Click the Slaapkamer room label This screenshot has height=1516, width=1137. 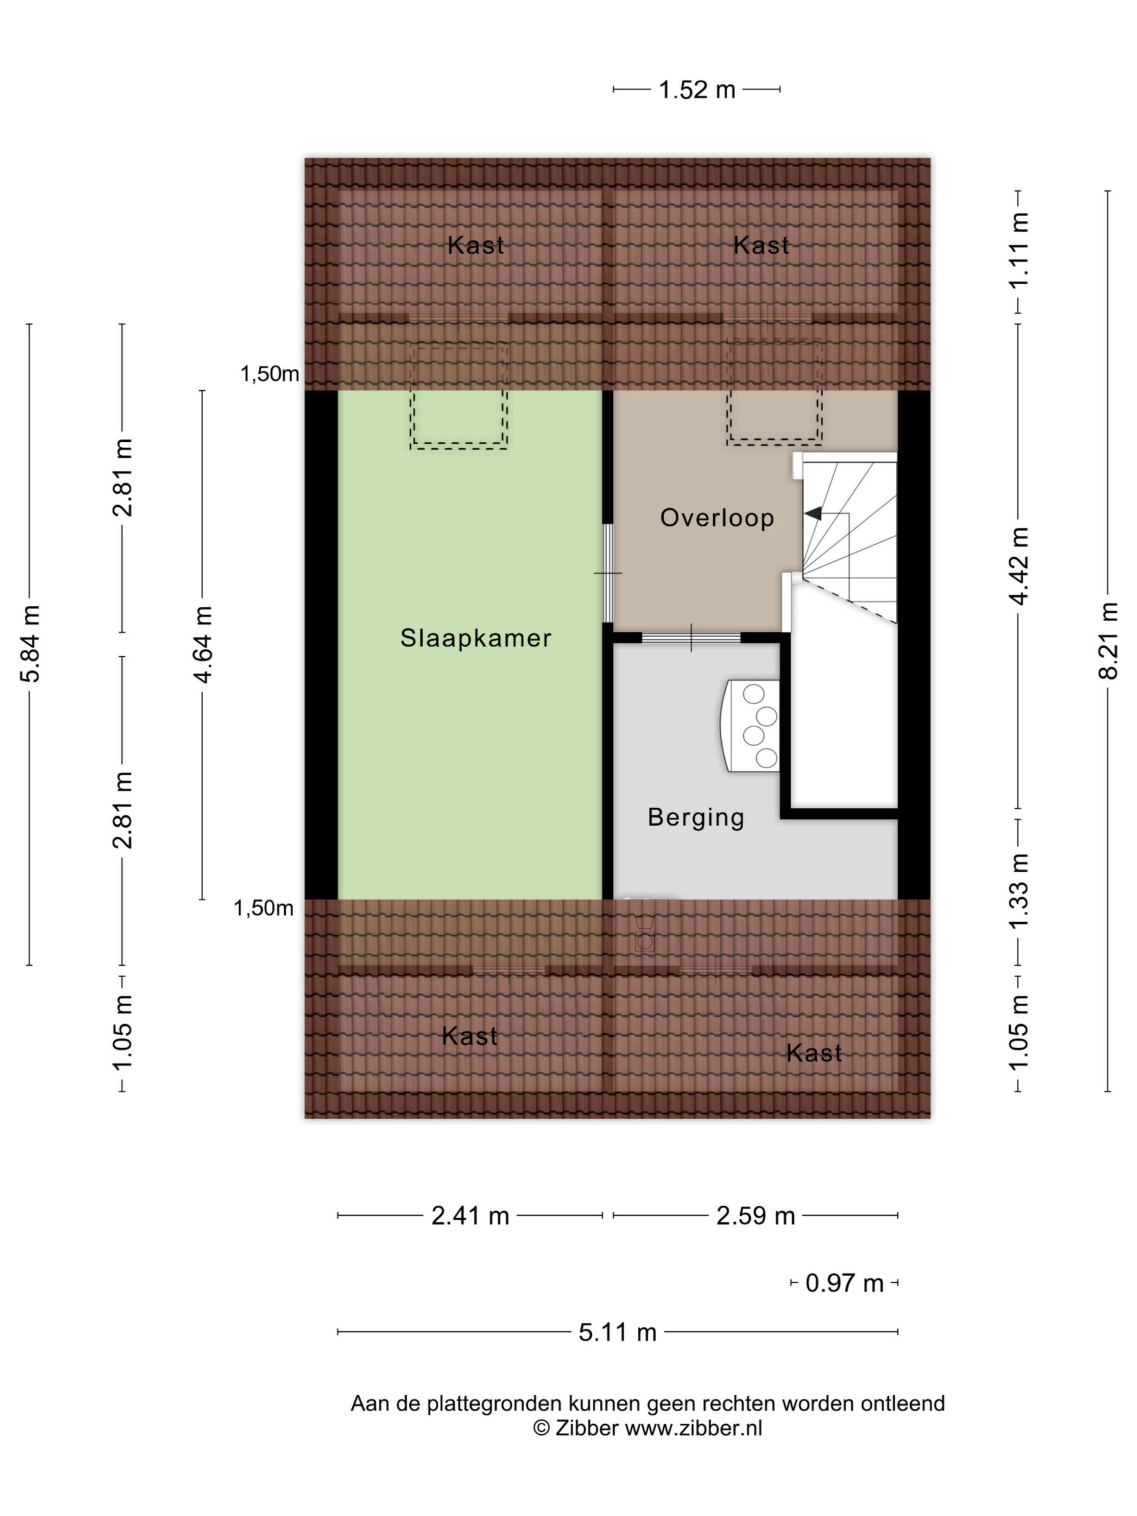click(x=476, y=638)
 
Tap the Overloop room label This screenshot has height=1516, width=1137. click(x=717, y=518)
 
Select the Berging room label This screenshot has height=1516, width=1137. click(x=696, y=818)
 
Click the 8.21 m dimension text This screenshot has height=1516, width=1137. click(x=1108, y=641)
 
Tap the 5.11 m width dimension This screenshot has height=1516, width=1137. click(x=618, y=1332)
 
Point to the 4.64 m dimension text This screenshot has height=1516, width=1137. click(x=203, y=644)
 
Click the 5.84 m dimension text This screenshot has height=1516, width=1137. click(x=31, y=644)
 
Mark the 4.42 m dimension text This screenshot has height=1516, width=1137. click(x=1019, y=566)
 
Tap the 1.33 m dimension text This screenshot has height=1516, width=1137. click(x=1019, y=890)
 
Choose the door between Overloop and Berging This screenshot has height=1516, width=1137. click(x=691, y=638)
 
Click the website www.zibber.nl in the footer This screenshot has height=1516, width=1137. click(x=693, y=1428)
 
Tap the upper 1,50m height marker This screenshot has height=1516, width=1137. click(x=269, y=374)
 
